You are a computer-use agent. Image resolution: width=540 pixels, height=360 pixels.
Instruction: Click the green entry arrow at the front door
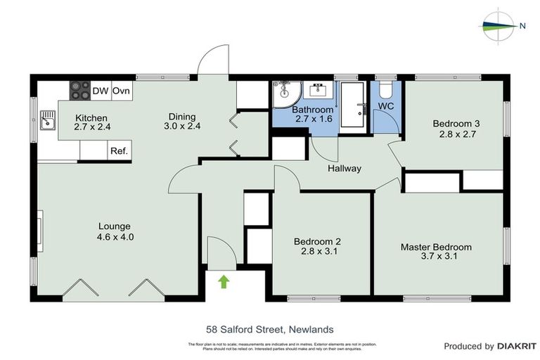point(224,282)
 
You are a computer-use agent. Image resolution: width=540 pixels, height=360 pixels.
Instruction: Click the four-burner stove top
point(79,91)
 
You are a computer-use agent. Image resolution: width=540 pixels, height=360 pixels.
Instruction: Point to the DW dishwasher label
point(101,91)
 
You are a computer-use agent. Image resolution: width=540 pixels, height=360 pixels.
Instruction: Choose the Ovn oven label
point(122,91)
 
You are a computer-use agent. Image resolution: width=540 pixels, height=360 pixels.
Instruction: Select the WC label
point(387,107)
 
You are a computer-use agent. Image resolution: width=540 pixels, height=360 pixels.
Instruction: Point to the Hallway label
point(344,169)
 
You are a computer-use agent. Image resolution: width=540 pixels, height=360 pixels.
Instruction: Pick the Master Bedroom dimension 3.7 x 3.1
point(436,257)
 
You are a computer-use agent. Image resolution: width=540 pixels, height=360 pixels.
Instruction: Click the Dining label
point(181,117)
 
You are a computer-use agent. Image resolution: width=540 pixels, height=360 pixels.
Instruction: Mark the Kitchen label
point(91,117)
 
